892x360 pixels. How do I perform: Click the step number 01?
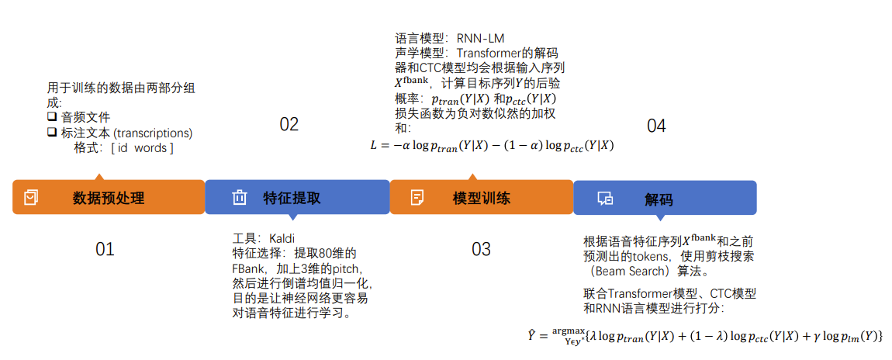105,249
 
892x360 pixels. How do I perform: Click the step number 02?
289,125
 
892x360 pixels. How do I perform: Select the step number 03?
481,249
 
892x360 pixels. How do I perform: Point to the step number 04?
656,126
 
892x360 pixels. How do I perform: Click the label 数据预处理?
109,198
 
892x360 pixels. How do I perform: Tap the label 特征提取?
292,198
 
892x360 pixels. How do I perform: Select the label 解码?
659,199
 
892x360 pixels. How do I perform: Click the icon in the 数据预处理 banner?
31,198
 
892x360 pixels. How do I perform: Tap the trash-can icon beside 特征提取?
239,198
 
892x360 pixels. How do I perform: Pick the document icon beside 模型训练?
417,197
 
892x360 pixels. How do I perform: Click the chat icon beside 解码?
605,199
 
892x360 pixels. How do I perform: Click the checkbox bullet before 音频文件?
52,116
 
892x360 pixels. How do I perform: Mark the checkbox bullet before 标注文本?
52,132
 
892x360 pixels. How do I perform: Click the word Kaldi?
282,237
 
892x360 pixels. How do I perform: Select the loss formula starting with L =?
492,145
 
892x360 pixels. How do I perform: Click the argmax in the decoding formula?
569,331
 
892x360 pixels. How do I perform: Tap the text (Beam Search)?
627,271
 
